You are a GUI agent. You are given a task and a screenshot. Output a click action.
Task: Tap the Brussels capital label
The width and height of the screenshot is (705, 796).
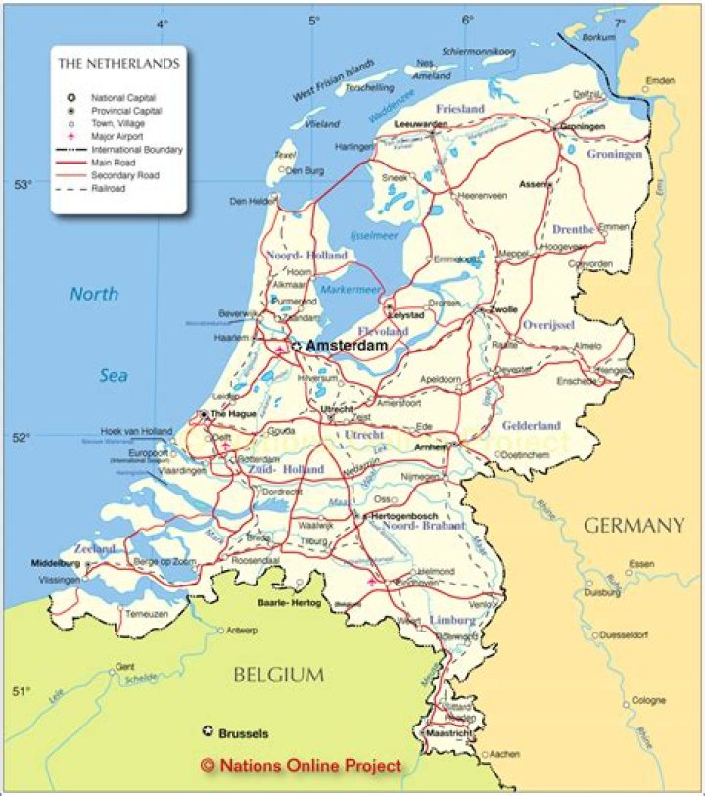click(x=244, y=732)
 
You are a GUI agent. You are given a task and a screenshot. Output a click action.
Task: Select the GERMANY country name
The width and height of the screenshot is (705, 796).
click(x=634, y=526)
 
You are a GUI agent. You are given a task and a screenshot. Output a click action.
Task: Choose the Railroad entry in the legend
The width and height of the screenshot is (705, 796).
click(x=109, y=188)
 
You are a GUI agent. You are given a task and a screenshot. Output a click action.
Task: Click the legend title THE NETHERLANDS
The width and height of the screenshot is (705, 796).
click(x=118, y=64)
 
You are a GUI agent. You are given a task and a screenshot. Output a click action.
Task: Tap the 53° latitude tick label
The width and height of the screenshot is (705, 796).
click(x=23, y=185)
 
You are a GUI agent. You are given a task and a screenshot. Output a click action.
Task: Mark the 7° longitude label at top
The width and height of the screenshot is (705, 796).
click(x=620, y=23)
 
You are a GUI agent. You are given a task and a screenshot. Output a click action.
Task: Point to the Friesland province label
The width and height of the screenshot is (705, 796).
click(x=459, y=109)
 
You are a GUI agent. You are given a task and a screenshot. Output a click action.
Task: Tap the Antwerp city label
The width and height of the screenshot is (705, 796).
click(x=242, y=630)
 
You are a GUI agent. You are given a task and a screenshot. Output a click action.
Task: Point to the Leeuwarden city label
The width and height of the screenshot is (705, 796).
click(x=420, y=126)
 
